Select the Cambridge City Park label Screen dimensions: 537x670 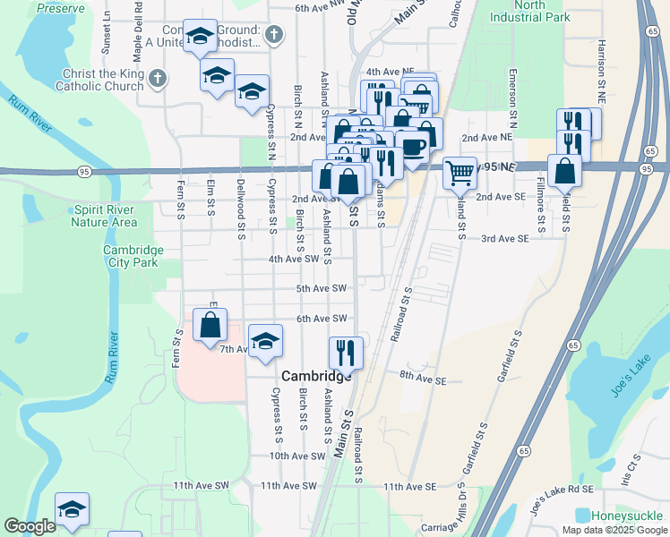click(x=133, y=256)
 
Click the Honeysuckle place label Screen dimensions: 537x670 click(x=628, y=516)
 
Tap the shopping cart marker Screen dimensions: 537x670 click(x=460, y=171)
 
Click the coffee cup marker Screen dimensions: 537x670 click(x=413, y=148)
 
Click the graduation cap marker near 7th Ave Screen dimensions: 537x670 click(x=265, y=341)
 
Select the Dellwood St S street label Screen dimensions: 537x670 click(x=241, y=220)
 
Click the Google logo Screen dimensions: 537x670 click(x=30, y=526)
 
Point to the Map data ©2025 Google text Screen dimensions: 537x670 click(x=614, y=530)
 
